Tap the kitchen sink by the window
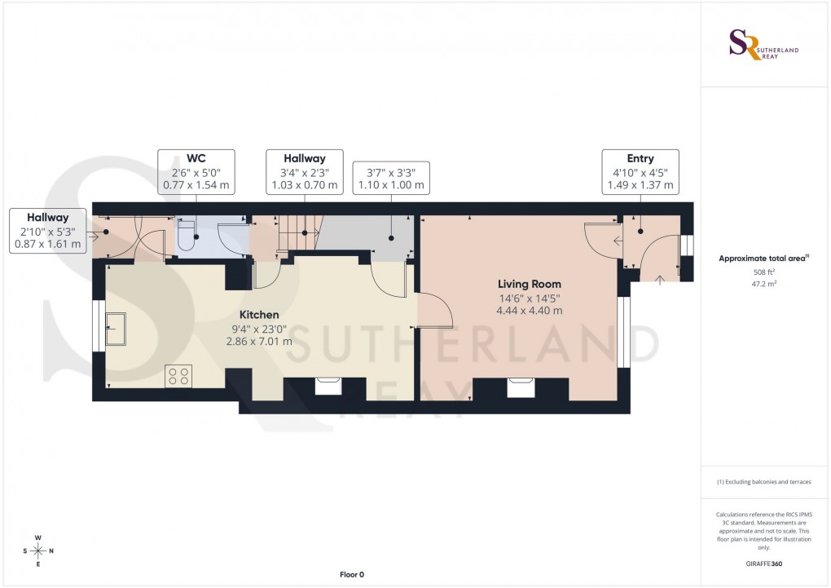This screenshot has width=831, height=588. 117,329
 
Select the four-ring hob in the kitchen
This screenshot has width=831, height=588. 178,376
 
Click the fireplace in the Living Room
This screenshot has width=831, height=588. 520,387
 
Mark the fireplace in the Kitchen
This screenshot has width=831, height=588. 328,385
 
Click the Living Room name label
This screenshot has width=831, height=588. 530,284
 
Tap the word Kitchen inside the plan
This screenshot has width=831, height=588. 259,315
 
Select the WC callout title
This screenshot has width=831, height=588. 196,158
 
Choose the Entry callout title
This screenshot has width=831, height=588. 640,158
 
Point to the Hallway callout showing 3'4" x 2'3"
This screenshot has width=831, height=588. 304,172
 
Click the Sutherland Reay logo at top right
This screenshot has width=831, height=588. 763,45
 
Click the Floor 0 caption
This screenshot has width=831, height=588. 352,575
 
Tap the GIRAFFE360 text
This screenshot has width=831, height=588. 763,564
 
